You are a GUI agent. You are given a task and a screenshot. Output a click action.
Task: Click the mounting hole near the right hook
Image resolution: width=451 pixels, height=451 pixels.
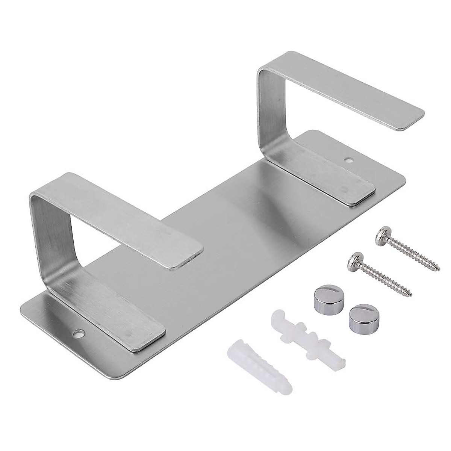(x=350, y=160)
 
